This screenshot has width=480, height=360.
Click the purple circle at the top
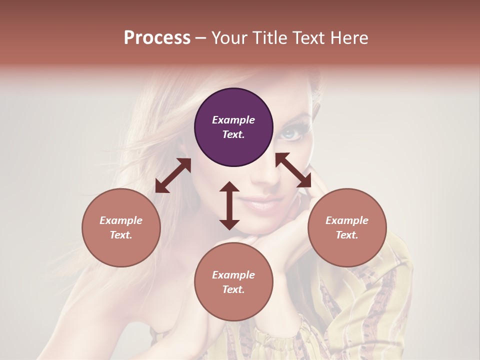[x=233, y=127]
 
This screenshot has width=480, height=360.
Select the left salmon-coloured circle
[x=121, y=227]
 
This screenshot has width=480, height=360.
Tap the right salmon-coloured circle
[x=347, y=227]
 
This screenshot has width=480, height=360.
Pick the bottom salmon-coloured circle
[x=233, y=282]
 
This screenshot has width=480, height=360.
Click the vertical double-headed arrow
[x=229, y=205]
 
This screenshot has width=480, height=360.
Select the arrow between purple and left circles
[x=173, y=175]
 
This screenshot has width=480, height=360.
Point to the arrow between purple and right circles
[x=293, y=170]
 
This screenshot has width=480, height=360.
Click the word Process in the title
[x=157, y=38]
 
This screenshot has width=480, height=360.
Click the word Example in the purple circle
[x=233, y=120]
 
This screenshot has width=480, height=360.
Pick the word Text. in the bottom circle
[x=233, y=289]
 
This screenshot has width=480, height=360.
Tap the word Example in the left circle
[x=121, y=220]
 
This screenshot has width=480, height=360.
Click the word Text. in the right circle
[x=347, y=235]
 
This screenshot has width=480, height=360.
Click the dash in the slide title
[x=201, y=38]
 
